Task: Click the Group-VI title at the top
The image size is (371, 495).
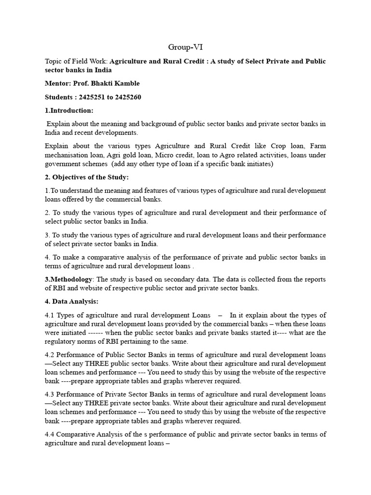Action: [x=185, y=47]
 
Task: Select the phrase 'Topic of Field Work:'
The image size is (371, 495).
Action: [x=76, y=61]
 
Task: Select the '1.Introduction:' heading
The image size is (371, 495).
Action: [x=69, y=111]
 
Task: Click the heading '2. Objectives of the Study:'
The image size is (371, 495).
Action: [x=86, y=177]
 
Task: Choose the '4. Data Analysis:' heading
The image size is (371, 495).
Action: [x=71, y=302]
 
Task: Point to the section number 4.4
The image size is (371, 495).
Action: [x=50, y=434]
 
